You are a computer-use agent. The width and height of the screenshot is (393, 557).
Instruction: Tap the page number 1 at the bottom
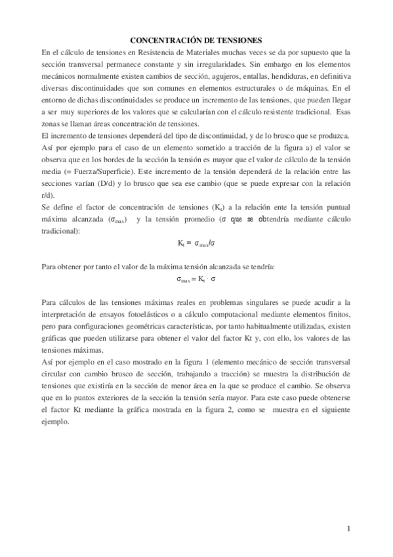pyautogui.click(x=349, y=528)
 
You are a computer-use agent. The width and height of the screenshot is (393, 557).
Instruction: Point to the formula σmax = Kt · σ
pyautogui.click(x=196, y=278)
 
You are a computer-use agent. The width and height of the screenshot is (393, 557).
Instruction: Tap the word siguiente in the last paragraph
pyautogui.click(x=333, y=410)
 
